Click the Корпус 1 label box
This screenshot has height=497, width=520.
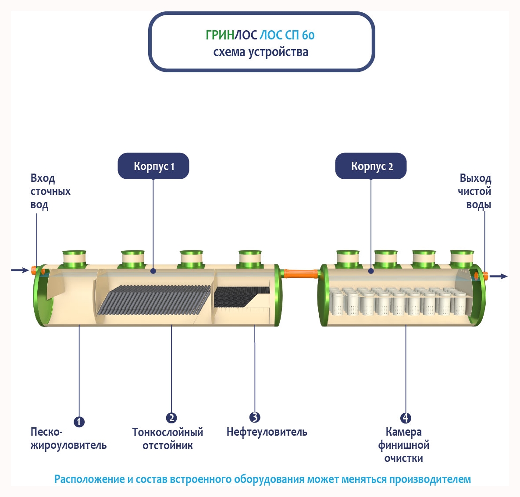(153, 166)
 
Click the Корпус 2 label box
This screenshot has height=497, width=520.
(371, 166)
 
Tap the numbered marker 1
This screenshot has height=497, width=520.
(79, 422)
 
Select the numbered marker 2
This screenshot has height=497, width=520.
(171, 418)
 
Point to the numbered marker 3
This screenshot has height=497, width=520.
(255, 417)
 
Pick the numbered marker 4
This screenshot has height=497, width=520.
(406, 418)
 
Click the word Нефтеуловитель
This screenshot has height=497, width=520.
(267, 432)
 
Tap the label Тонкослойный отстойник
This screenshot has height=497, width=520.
(167, 439)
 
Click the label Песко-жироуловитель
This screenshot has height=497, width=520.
(68, 439)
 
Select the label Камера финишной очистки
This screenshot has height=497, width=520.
(404, 445)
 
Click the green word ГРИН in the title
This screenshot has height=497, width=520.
(220, 35)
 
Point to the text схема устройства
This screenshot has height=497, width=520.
(260, 52)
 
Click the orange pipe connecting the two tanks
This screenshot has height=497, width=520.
(301, 274)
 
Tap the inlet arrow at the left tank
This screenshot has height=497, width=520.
(20, 270)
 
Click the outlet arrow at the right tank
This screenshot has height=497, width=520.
(499, 276)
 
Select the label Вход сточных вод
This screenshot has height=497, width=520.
(50, 192)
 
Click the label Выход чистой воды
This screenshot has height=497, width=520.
(475, 192)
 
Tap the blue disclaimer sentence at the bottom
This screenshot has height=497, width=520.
(262, 479)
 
